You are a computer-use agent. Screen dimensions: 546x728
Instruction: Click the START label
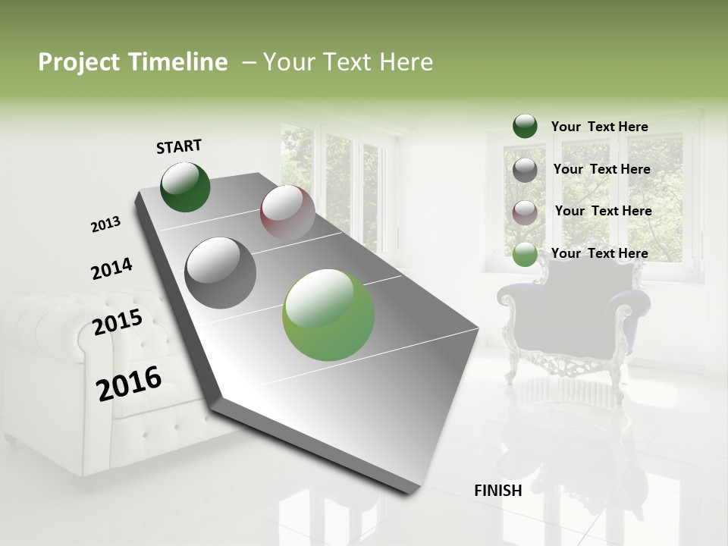[179, 146]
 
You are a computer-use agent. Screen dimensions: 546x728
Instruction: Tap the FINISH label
[497, 491]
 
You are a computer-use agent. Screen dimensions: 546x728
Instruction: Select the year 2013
[105, 224]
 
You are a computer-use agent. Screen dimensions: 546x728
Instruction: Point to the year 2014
[111, 269]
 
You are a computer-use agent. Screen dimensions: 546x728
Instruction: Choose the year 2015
[118, 323]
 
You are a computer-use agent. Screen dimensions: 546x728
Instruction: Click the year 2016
[129, 383]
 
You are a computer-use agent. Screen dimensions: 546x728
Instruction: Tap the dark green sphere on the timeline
[185, 187]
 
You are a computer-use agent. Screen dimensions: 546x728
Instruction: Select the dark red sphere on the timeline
[287, 212]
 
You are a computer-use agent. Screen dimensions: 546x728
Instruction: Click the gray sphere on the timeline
[221, 273]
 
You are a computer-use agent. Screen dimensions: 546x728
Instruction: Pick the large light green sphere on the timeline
[328, 315]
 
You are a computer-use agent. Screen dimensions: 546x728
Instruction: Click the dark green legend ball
[525, 127]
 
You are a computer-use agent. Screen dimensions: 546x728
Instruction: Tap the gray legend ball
[525, 170]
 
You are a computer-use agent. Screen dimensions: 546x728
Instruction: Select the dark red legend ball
[525, 212]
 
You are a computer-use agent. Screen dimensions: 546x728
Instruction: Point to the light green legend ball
[525, 254]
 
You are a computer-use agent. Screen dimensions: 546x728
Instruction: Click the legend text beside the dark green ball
[599, 127]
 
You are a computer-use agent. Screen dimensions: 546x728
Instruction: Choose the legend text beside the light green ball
[599, 253]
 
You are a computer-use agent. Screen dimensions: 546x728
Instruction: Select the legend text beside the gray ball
[601, 169]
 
